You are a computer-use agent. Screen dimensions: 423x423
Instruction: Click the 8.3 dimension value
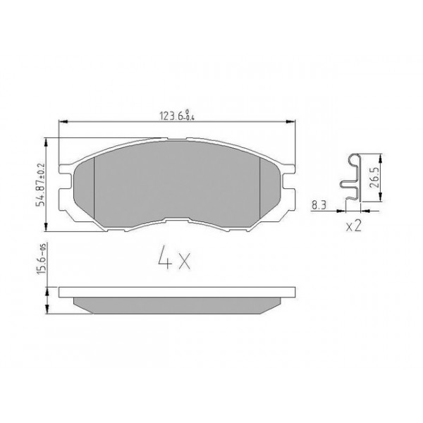[x=318, y=205]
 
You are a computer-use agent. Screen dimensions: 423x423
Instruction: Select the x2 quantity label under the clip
[x=355, y=226]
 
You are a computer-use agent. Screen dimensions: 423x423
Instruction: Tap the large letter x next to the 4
[x=184, y=262]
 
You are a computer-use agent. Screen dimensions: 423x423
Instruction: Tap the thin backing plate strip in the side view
[x=176, y=290]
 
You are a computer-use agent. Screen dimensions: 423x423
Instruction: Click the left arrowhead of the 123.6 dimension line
[x=62, y=122]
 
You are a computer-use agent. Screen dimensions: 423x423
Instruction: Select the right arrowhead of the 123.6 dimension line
[x=292, y=122]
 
